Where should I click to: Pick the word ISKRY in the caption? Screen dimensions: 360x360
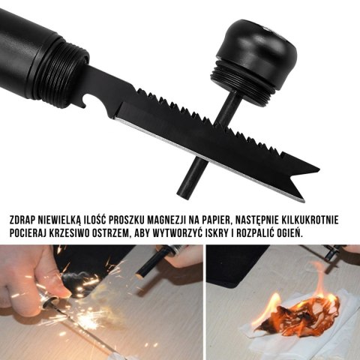[x=228, y=232]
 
